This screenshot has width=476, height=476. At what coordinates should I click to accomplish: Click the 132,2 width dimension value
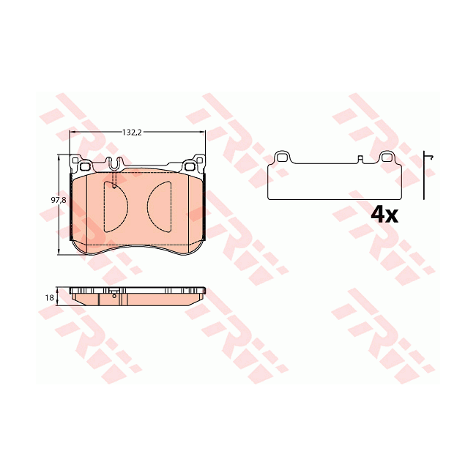coord(131,133)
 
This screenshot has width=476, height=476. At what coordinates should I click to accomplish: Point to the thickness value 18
coord(49,297)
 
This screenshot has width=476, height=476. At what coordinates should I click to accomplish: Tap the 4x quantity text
coord(384,214)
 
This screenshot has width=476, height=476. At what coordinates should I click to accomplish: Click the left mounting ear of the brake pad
coord(78,162)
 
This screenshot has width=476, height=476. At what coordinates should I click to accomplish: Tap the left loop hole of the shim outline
coord(282,156)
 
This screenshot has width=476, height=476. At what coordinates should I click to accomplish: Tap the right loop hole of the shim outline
coord(387,156)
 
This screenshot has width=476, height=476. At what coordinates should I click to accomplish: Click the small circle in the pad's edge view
coord(114,295)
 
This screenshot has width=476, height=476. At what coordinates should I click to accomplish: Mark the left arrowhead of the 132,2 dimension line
coord(72,133)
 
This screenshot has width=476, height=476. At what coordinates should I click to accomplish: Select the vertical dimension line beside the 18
coord(59,297)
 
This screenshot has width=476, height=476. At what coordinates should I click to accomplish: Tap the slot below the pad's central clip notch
coord(115,182)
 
